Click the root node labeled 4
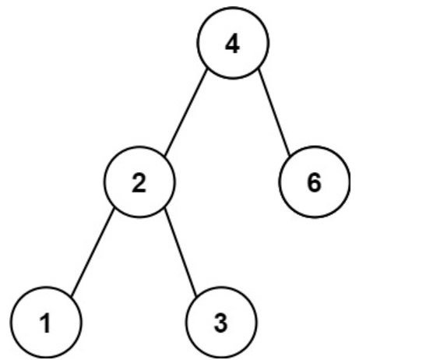[x=233, y=43]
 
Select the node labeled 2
[x=139, y=182]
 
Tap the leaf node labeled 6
[x=315, y=182]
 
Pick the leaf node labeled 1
[x=46, y=322]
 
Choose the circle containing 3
[x=221, y=322]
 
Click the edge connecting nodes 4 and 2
[x=186, y=113]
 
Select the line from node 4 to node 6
[x=274, y=112]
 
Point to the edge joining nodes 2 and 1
[x=93, y=252]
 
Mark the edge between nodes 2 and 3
[x=181, y=252]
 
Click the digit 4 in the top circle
[x=233, y=44]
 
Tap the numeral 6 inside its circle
[x=315, y=183]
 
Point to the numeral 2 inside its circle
[x=139, y=183]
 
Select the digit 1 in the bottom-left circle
[x=46, y=323]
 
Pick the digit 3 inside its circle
[x=220, y=323]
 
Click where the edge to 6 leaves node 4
[x=258, y=69]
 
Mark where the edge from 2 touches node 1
[x=71, y=296]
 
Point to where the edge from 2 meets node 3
[x=196, y=296]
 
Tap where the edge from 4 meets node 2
[x=165, y=157]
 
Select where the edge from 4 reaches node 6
[x=290, y=156]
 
